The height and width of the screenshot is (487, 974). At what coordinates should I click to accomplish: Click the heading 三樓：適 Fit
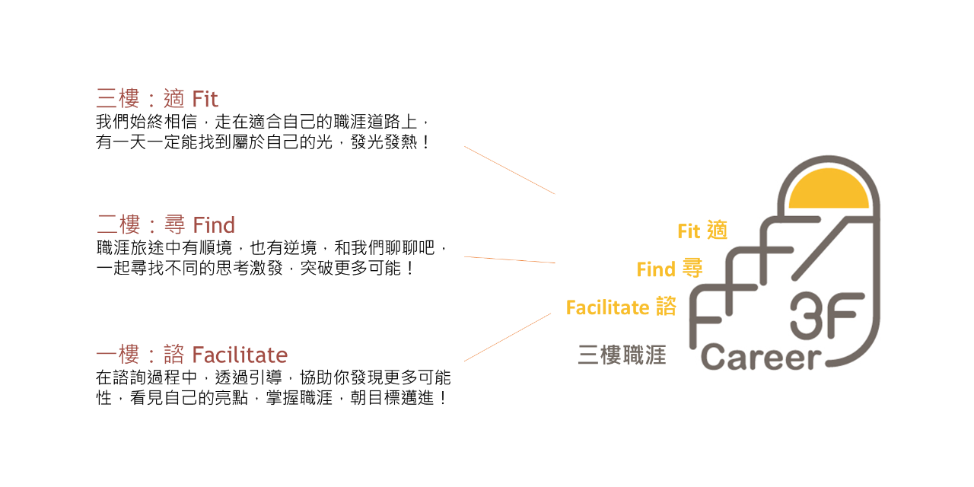coord(157,99)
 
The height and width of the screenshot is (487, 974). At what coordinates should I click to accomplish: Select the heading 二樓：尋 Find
coord(165,224)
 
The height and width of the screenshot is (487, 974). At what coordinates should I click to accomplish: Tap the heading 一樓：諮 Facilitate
coord(191,355)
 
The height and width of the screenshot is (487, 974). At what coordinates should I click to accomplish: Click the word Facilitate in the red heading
coord(240,355)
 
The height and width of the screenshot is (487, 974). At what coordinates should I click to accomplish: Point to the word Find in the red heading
coord(214,224)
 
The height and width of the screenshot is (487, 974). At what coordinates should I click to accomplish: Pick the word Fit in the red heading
coord(205,99)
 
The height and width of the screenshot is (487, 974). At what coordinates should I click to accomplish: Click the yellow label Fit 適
coord(702,231)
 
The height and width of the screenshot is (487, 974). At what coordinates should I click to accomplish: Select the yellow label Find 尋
coord(669,269)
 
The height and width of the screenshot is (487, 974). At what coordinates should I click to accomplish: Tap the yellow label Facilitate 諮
coord(621,307)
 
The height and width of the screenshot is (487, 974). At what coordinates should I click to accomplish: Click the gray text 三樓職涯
coord(622,355)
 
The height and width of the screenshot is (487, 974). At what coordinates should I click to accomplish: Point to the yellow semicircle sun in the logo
coord(829,190)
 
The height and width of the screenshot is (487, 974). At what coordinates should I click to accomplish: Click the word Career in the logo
coord(762,357)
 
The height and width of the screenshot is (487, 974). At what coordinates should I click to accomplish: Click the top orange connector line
coord(510,170)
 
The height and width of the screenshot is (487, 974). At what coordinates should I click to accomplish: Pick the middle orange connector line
coord(510,260)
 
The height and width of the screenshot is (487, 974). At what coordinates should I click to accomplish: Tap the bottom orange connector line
coord(508,337)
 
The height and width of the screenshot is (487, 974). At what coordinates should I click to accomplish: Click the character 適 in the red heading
coord(174,99)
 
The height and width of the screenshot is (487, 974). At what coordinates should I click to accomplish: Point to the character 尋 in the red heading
coord(174,224)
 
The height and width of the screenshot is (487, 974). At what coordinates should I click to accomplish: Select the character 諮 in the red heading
coord(174,355)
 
